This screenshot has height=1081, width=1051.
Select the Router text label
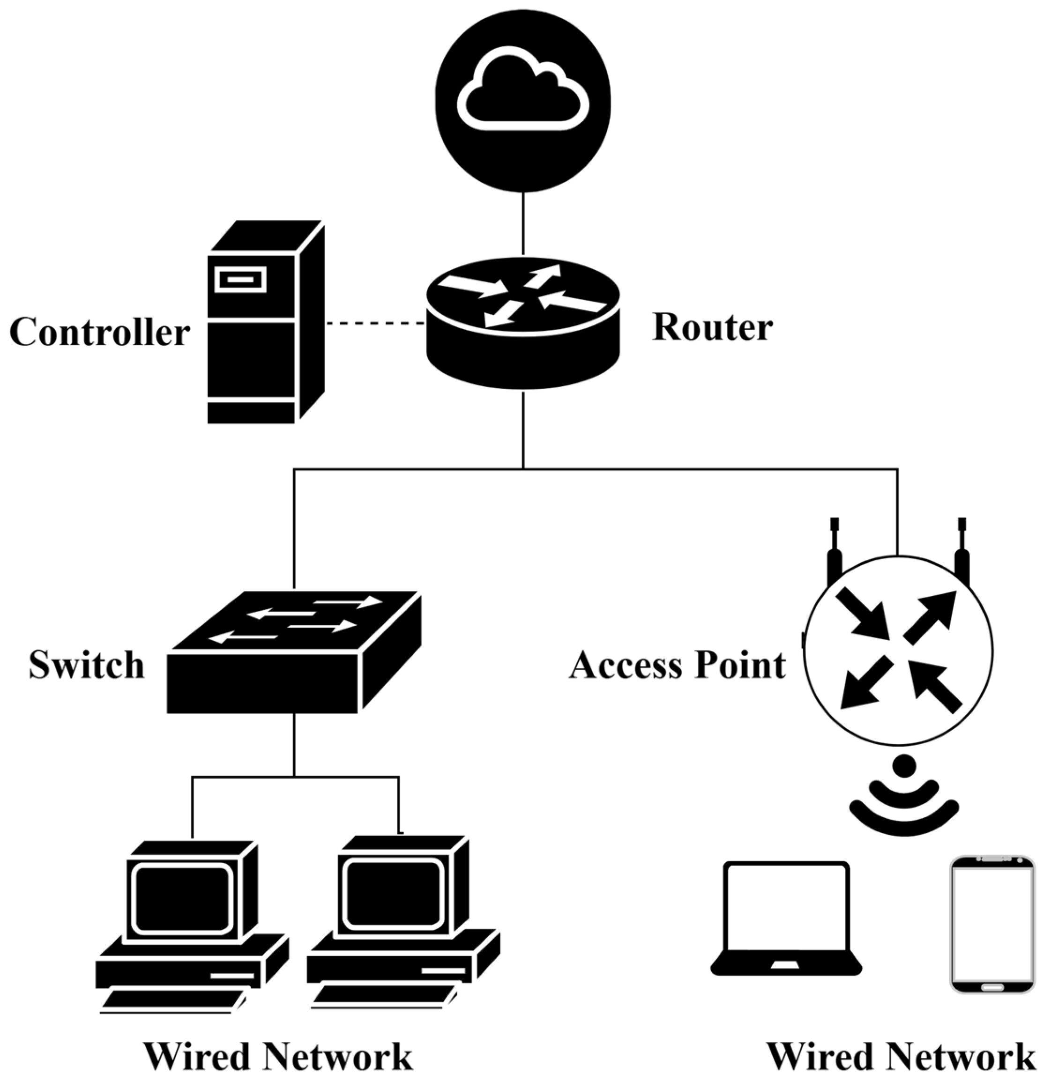[x=712, y=328]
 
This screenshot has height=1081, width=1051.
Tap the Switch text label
[x=87, y=665]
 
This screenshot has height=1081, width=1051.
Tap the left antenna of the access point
[x=834, y=552]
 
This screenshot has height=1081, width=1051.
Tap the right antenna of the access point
[x=962, y=552]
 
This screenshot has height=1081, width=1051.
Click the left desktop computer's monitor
[x=182, y=898]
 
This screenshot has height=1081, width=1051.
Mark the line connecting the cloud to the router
[x=523, y=223]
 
